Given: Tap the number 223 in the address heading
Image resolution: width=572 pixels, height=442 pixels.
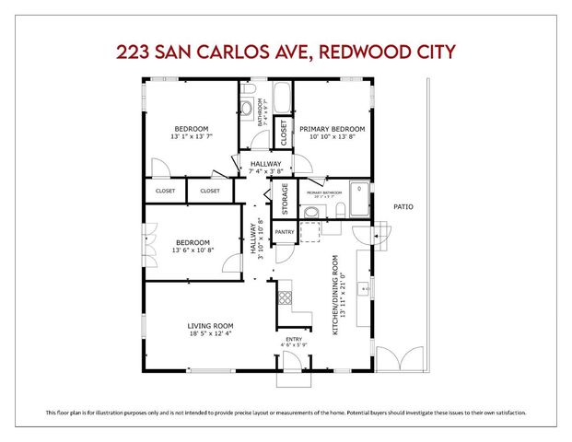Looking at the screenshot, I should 136,51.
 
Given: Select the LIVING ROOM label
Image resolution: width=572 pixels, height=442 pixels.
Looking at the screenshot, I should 211,326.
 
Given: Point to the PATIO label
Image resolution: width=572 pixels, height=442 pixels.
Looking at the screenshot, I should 403,207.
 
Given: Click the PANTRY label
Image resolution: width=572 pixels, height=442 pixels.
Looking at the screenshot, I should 285,232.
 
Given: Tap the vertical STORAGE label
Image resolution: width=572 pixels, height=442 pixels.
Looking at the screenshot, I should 285,200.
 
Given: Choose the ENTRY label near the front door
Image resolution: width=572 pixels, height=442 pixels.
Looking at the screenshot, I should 294,339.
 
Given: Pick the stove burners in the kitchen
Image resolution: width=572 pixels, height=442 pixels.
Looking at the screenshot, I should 285,297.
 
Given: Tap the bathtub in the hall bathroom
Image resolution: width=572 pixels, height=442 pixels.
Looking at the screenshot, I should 281,98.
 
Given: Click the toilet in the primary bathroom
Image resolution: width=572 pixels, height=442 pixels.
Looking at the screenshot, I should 341,212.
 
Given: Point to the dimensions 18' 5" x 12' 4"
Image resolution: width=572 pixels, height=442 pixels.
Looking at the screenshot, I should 211,335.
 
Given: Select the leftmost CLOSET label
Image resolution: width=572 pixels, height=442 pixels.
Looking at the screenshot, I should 165,192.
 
